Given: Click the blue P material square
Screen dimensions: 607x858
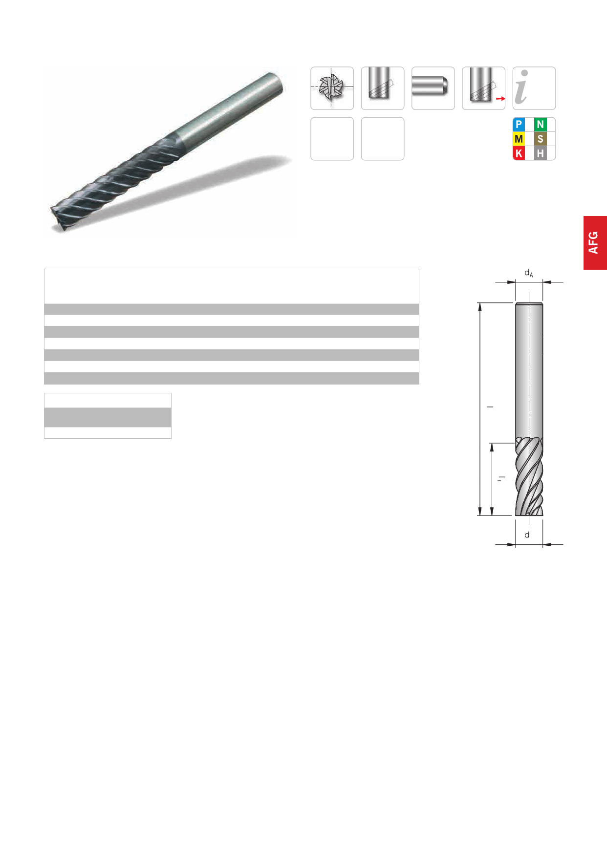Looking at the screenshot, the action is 519,124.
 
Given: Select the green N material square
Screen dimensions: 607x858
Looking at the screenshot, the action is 540,124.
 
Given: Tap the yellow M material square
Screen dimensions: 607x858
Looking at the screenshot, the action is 519,139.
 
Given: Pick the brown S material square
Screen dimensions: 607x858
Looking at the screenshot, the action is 540,139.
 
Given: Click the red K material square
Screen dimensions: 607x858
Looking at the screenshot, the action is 519,153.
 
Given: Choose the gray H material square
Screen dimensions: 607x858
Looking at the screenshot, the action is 540,153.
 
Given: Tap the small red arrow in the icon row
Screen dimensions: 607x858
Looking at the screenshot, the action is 500,99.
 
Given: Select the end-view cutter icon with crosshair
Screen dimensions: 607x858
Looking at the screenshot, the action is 332,88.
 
